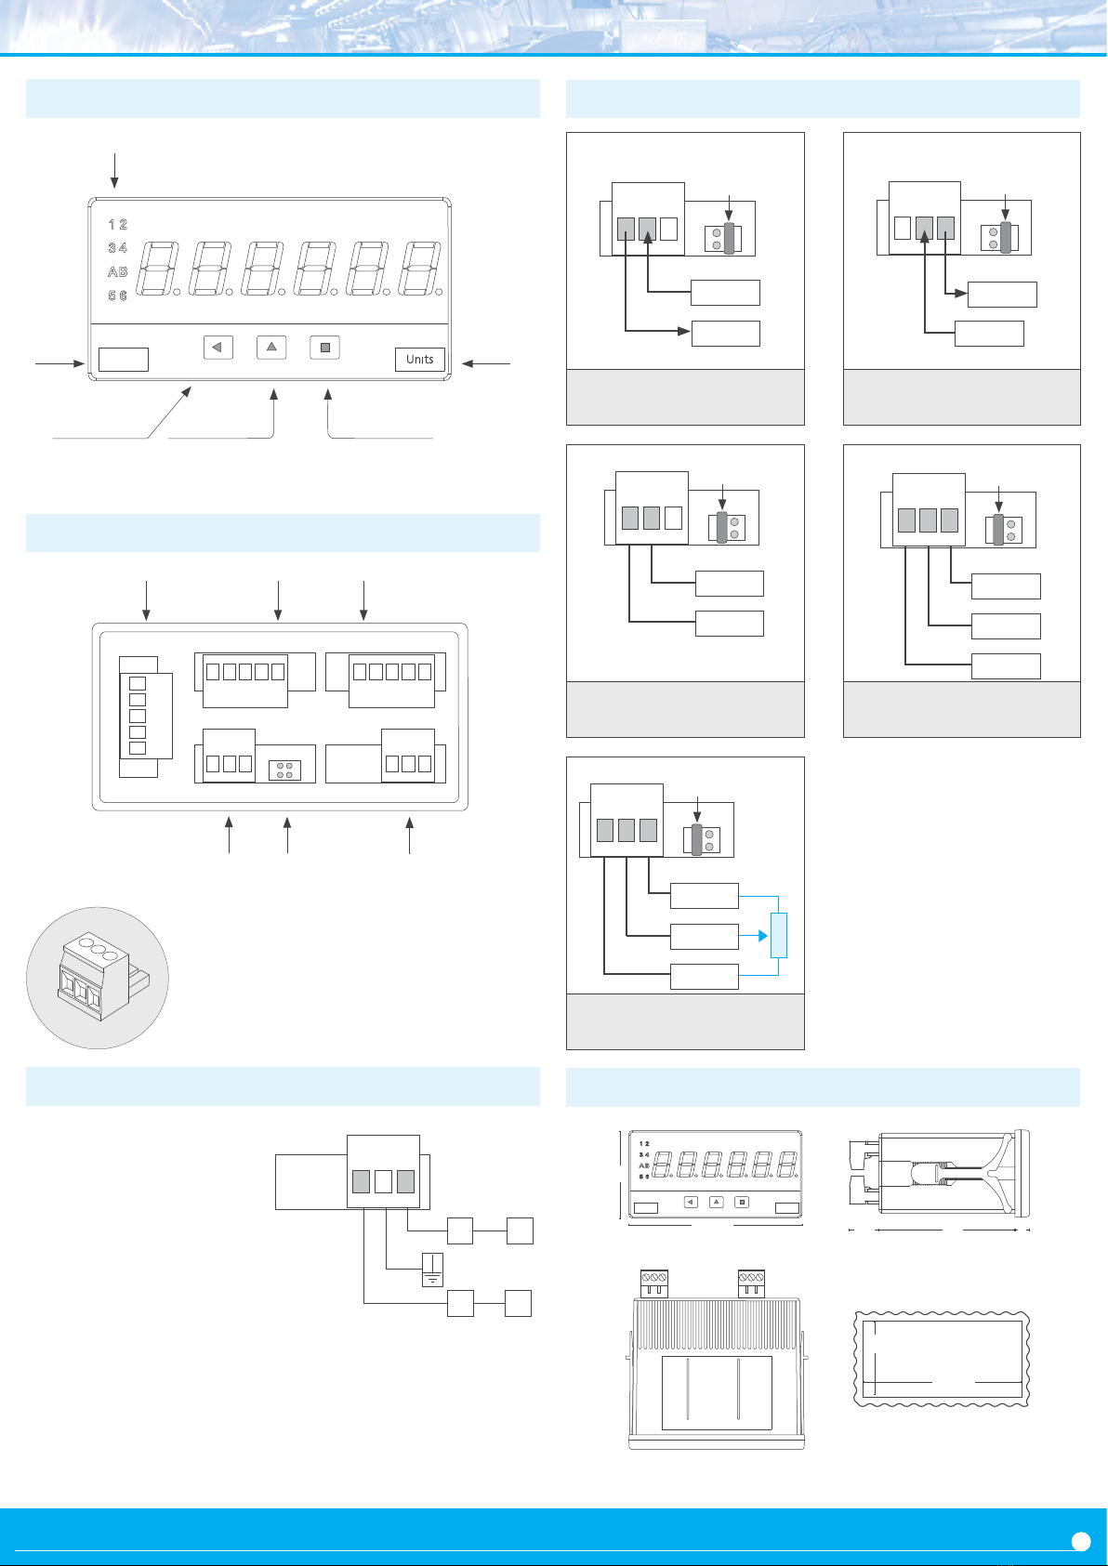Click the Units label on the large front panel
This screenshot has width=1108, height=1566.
[x=419, y=359]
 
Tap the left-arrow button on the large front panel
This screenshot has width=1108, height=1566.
[x=218, y=347]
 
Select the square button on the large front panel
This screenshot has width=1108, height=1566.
[x=325, y=347]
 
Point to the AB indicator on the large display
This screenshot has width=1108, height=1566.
[x=117, y=271]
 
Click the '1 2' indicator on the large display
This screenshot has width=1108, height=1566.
[x=117, y=224]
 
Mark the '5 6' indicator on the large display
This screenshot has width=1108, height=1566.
[x=117, y=295]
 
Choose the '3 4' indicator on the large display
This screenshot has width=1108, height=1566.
[x=117, y=247]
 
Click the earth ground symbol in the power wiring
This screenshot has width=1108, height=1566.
[x=433, y=1270]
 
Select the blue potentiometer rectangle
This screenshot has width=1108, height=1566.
[x=779, y=935]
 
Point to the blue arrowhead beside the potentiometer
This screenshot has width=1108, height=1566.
[x=762, y=935]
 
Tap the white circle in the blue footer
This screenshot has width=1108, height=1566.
[x=1081, y=1542]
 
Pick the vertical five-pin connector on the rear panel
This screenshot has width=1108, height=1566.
[x=145, y=716]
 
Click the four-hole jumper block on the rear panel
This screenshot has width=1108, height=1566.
[x=284, y=770]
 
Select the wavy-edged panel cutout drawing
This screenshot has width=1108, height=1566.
[x=942, y=1359]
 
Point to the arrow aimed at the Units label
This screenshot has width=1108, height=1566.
[x=486, y=363]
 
